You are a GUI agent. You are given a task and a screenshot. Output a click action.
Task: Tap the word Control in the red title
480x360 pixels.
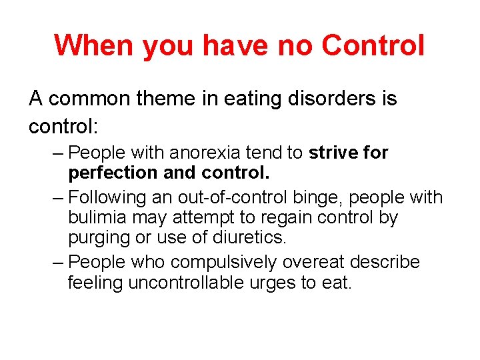(373, 45)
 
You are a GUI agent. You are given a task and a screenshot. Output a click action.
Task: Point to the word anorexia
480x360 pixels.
(205, 153)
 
